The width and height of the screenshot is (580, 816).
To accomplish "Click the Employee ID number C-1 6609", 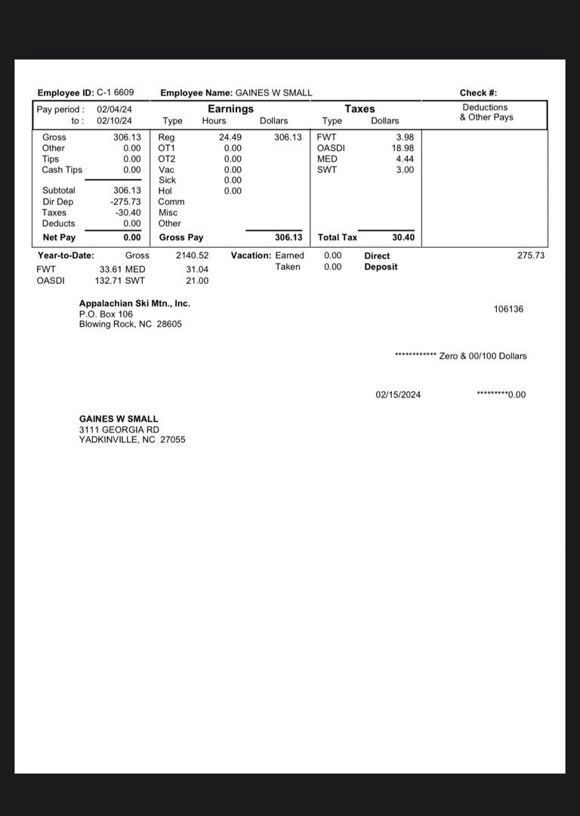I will (x=116, y=93).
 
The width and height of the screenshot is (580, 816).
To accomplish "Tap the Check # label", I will (x=478, y=93).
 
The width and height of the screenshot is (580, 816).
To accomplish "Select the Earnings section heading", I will (x=230, y=109).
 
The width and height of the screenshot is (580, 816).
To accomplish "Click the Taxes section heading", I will (x=359, y=109).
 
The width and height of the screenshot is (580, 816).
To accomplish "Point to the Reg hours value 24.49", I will (x=230, y=138).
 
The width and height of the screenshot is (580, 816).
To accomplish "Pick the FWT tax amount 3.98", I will (x=405, y=138).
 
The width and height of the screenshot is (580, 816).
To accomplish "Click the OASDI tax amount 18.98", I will (x=403, y=148).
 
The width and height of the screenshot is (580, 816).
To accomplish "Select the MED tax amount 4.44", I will (x=405, y=159).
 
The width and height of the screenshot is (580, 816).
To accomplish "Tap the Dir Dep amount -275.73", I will (x=126, y=202).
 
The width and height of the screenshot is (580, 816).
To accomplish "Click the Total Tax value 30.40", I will (x=403, y=238).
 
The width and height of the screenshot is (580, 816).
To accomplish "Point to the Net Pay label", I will (x=59, y=238).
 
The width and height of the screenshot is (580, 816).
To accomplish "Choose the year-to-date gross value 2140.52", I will (x=192, y=256).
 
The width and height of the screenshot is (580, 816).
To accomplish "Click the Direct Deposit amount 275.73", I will (x=531, y=256).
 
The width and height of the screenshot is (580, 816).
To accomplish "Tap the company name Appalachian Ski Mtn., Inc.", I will (x=134, y=304).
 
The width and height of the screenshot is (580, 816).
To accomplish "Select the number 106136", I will (x=508, y=310).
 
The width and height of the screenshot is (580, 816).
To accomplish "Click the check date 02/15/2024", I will (x=398, y=395).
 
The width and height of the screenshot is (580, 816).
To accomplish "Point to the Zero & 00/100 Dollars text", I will (x=483, y=356).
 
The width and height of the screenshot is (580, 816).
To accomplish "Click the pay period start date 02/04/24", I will (x=114, y=110).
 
